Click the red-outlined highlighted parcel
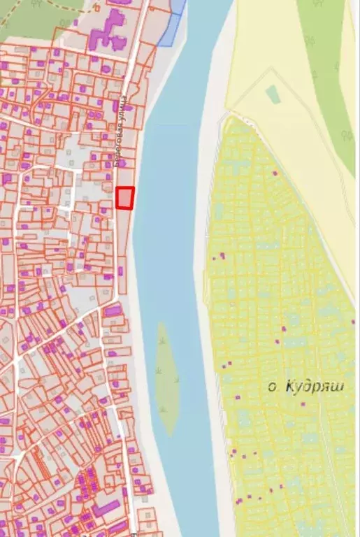point(124,198)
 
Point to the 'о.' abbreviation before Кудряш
point(273,387)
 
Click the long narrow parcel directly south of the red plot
point(124,238)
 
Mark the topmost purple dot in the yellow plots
point(275,173)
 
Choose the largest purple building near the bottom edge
point(106,508)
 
